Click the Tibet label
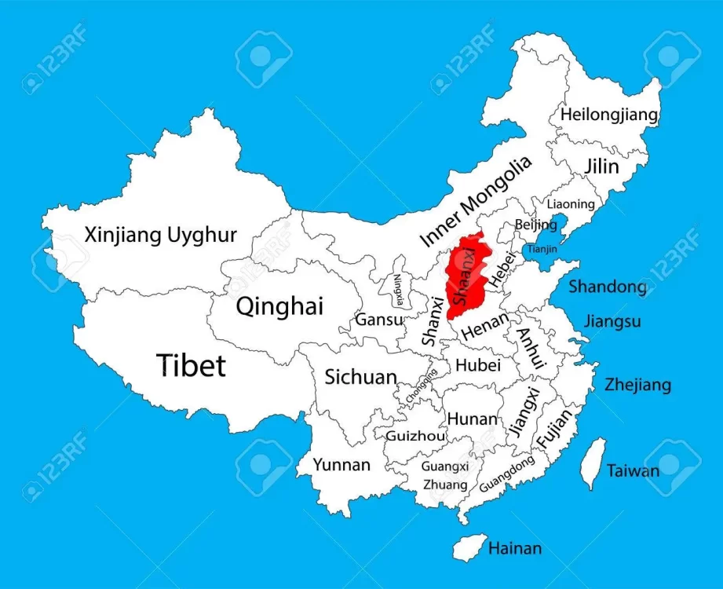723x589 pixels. [191, 365]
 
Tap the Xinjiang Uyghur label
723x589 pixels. [161, 234]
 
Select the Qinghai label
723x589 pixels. [279, 306]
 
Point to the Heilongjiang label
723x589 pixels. [608, 115]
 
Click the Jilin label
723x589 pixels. [601, 166]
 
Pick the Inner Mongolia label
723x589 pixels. [475, 201]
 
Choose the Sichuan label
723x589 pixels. [361, 377]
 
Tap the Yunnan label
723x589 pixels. [341, 465]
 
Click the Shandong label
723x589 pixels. [608, 287]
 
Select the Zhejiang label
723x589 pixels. [637, 385]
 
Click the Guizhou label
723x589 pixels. [415, 436]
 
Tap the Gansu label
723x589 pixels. [379, 320]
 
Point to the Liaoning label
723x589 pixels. [571, 204]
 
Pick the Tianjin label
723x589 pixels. [542, 249]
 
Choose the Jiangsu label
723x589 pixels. [612, 321]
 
